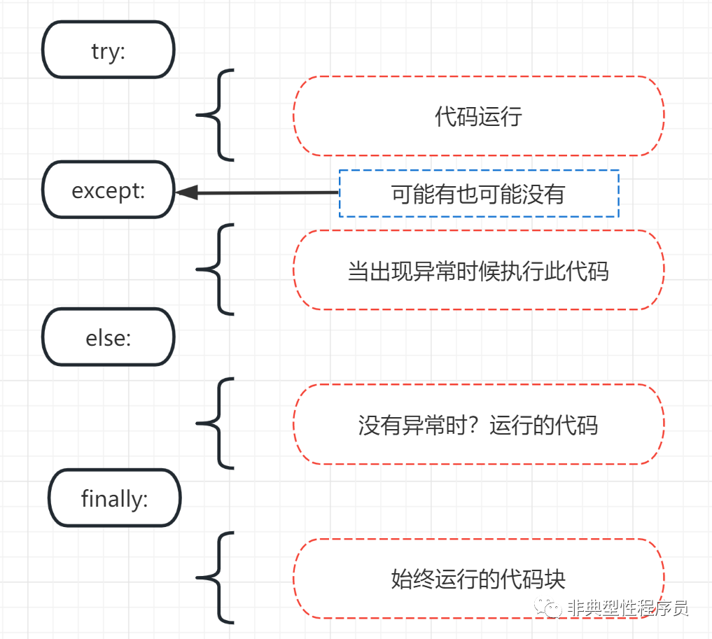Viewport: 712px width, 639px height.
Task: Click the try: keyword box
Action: click(109, 50)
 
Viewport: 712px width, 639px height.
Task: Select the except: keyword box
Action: click(109, 190)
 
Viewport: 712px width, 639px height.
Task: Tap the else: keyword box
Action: click(109, 338)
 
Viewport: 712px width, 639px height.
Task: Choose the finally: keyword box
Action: click(115, 498)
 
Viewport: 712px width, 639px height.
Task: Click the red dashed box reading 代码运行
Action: click(478, 116)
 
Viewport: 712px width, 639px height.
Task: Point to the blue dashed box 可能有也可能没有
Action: click(479, 193)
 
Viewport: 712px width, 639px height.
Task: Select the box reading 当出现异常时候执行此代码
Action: click(478, 270)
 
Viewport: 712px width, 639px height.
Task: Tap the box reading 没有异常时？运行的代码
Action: click(478, 424)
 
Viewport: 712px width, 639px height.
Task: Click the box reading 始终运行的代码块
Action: click(478, 579)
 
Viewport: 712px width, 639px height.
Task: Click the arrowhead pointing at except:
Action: click(187, 192)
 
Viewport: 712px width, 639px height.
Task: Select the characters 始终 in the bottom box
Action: click(412, 580)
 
